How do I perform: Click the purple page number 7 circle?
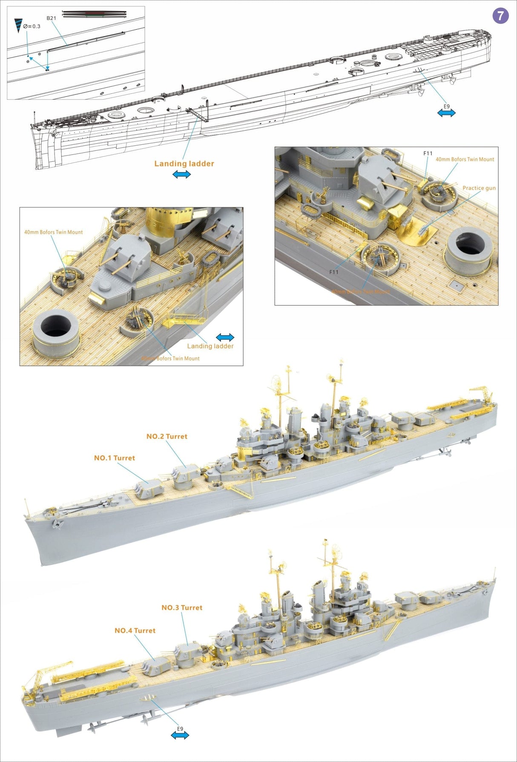pyautogui.click(x=500, y=16)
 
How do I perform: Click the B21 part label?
pyautogui.click(x=51, y=18)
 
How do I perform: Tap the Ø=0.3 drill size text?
pyautogui.click(x=32, y=26)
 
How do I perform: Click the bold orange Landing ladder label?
pyautogui.click(x=184, y=164)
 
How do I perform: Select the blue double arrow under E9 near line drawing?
pyautogui.click(x=446, y=113)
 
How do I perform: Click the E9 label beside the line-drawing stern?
pyautogui.click(x=446, y=106)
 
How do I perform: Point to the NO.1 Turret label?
pyautogui.click(x=114, y=458)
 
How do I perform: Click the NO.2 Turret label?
pyautogui.click(x=167, y=437)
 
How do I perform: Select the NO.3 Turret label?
pyautogui.click(x=182, y=608)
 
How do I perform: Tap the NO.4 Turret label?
pyautogui.click(x=135, y=631)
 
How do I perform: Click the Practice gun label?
pyautogui.click(x=479, y=188)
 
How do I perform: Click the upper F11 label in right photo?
pyautogui.click(x=428, y=153)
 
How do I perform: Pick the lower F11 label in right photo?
pyautogui.click(x=334, y=272)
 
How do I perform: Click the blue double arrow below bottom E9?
pyautogui.click(x=180, y=735)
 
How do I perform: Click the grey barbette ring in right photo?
pyautogui.click(x=468, y=250)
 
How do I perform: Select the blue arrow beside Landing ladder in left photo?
pyautogui.click(x=225, y=337)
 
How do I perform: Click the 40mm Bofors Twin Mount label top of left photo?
pyautogui.click(x=53, y=232)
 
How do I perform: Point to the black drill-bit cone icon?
pyautogui.click(x=18, y=26)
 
